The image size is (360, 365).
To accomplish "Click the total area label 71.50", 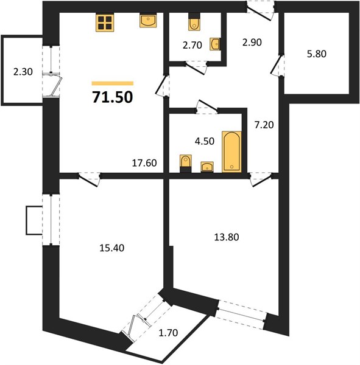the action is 113,97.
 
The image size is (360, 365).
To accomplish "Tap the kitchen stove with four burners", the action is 105,23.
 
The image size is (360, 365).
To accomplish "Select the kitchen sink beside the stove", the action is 148,21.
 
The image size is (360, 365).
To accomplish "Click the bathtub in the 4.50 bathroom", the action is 231,151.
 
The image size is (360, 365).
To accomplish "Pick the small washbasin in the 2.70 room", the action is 216,44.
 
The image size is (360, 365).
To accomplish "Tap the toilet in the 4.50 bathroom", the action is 186,164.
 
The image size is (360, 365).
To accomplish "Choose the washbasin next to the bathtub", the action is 207,167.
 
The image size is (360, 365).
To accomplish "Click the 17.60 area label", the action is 144,163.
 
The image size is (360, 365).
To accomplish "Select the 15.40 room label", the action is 112,248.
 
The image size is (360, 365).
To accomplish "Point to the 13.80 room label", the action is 227,237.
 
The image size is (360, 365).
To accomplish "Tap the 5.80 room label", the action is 316,54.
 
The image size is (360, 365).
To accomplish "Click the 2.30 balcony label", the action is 23,72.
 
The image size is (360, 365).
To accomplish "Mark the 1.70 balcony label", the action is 168,333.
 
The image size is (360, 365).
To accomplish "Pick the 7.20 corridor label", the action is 264,125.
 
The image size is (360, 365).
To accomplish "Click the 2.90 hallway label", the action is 252,43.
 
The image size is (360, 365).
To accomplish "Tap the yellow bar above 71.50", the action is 113,83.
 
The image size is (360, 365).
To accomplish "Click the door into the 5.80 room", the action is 277,64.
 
